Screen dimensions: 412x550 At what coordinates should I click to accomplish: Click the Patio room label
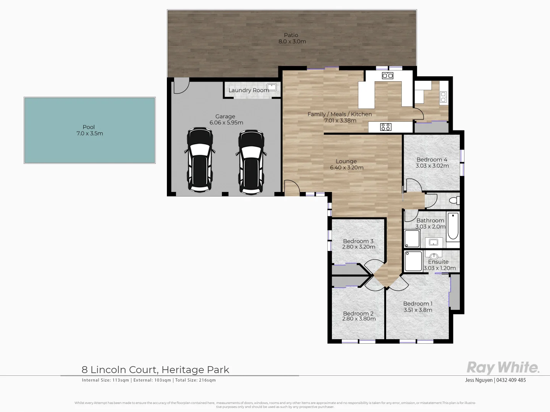[x=291, y=35]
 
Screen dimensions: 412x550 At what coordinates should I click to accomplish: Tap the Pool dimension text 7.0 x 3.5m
[x=89, y=134]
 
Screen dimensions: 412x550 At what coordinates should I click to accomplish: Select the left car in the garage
[x=200, y=160]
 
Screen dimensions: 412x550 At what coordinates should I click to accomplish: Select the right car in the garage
[x=251, y=162]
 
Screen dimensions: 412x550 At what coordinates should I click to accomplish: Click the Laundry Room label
[x=249, y=90]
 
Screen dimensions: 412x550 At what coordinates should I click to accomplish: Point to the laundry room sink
[x=272, y=87]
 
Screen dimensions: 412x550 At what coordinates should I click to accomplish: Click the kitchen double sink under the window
[x=388, y=76]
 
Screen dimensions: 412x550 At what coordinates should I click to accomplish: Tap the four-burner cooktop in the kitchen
[x=386, y=127]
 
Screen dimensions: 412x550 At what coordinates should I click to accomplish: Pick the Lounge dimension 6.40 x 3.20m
[x=346, y=167]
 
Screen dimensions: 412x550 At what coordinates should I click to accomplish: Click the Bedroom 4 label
[x=432, y=159]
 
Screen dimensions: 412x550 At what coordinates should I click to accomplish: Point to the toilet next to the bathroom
[x=454, y=201]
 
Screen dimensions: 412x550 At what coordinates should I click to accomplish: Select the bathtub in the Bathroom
[x=453, y=227]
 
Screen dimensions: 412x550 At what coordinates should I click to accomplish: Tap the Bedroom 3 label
[x=358, y=241]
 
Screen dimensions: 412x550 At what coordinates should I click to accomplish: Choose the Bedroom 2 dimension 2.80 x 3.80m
[x=359, y=319]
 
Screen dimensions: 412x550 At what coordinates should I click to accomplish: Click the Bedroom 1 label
[x=418, y=304]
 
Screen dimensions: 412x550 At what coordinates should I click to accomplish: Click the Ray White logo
[x=503, y=368]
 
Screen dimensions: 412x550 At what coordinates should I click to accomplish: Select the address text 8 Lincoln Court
[x=119, y=370]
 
